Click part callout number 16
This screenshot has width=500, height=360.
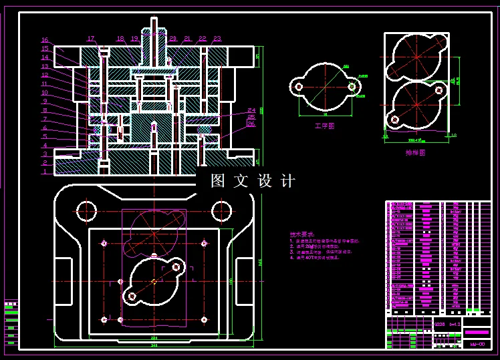pyautogui.click(x=45, y=40)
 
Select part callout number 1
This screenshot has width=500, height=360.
pyautogui.click(x=45, y=172)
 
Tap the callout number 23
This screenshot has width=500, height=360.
pyautogui.click(x=217, y=39)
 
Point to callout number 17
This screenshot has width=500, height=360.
pyautogui.click(x=91, y=38)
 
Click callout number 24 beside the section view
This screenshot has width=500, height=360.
pyautogui.click(x=251, y=110)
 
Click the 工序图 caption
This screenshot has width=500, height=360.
pyautogui.click(x=324, y=125)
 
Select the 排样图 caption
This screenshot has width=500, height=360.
pyautogui.click(x=415, y=152)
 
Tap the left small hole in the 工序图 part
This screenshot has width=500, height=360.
pyautogui.click(x=298, y=85)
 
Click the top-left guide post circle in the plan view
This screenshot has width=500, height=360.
pyautogui.click(x=86, y=212)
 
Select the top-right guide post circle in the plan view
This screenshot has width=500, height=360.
pyautogui.click(x=221, y=212)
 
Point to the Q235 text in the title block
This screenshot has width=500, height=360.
pyautogui.click(x=439, y=325)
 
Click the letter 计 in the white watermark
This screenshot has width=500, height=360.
pyautogui.click(x=288, y=180)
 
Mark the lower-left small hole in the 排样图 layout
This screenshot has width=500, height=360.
pyautogui.click(x=395, y=120)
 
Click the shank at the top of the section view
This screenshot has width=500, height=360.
pyautogui.click(x=154, y=30)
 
